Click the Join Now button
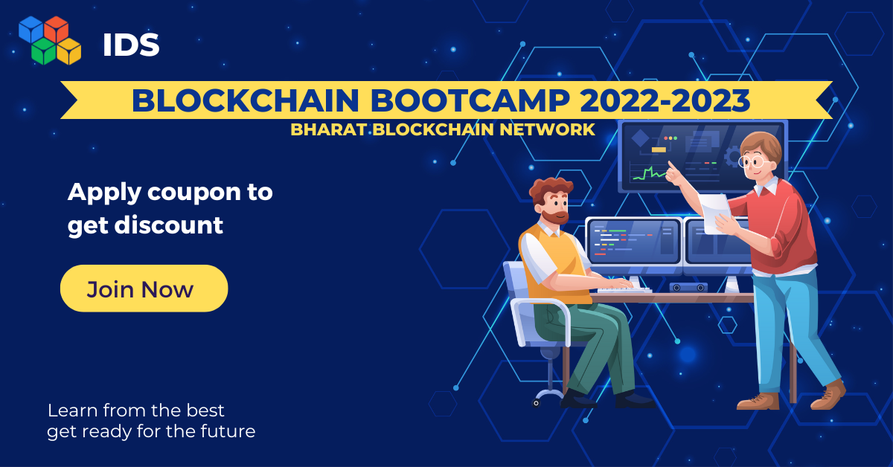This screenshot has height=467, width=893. click(144, 289)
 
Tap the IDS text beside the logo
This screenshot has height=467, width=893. click(131, 45)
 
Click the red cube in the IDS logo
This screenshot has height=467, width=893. click(56, 29)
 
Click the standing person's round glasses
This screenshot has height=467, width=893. click(753, 161)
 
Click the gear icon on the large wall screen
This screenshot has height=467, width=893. click(732, 157)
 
